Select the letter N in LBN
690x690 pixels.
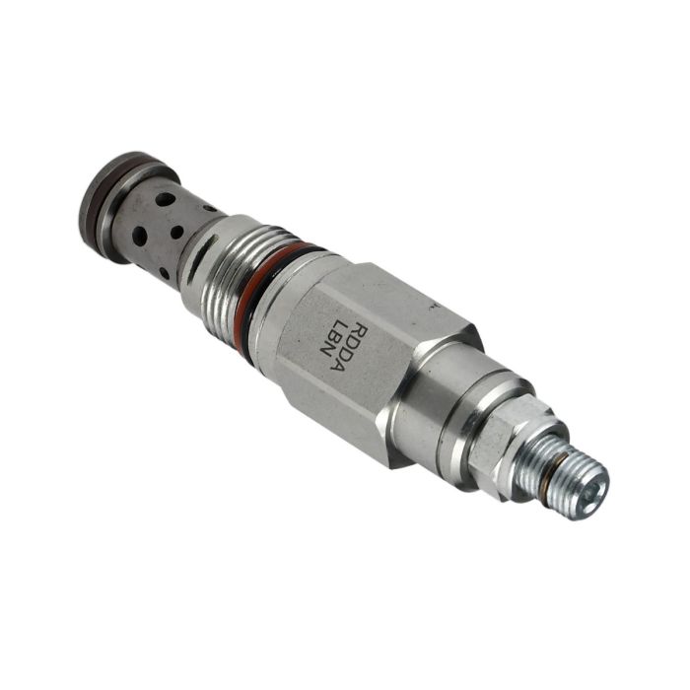point(324,358)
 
